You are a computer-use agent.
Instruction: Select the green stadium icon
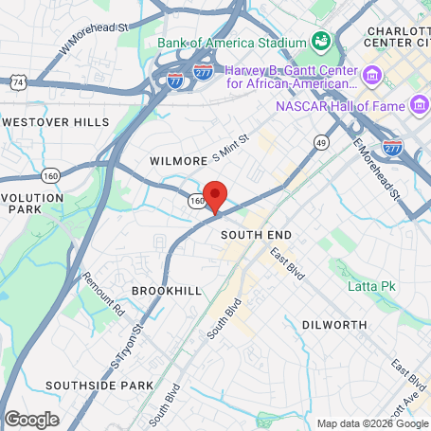tap(321, 42)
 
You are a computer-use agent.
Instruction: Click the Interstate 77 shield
tap(175, 82)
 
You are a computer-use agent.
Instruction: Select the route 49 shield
tap(322, 143)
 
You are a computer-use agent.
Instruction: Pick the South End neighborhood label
tap(256, 234)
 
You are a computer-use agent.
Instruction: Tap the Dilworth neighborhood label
tap(333, 325)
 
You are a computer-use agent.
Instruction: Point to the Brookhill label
tap(167, 291)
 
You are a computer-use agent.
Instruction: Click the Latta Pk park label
tap(366, 286)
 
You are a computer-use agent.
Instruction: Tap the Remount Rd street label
tap(103, 294)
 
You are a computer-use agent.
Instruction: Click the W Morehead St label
tap(93, 37)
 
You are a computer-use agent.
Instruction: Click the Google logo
tap(31, 419)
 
